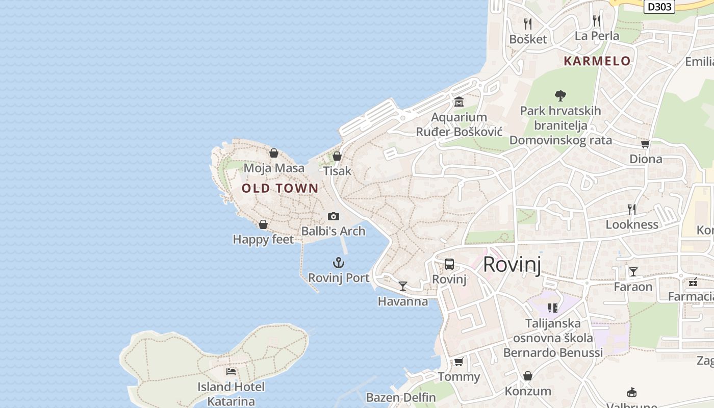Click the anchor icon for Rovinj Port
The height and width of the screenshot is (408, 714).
pyautogui.click(x=339, y=263)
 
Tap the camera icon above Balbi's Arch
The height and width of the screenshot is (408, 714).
pyautogui.click(x=334, y=216)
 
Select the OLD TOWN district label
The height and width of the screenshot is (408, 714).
pyautogui.click(x=280, y=188)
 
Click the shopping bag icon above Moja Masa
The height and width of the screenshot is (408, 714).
pyautogui.click(x=274, y=153)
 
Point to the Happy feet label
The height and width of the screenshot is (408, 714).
pyautogui.click(x=263, y=239)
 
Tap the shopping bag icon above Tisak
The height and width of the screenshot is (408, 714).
pyautogui.click(x=337, y=156)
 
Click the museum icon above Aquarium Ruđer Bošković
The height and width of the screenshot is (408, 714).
pyautogui.click(x=459, y=102)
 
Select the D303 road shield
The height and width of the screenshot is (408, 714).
pyautogui.click(x=659, y=7)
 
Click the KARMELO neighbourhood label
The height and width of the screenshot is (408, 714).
pyautogui.click(x=597, y=61)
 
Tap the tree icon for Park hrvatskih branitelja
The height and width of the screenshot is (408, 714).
pyautogui.click(x=560, y=95)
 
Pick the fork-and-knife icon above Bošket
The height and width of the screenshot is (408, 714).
pyautogui.click(x=528, y=23)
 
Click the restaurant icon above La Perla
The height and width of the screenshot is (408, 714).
pyautogui.click(x=597, y=20)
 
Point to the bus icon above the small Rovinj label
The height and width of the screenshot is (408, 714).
pyautogui.click(x=449, y=264)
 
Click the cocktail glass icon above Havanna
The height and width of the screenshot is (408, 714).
pyautogui.click(x=403, y=286)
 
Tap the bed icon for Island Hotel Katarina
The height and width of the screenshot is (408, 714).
pyautogui.click(x=231, y=372)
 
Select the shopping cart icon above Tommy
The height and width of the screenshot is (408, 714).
pyautogui.click(x=459, y=362)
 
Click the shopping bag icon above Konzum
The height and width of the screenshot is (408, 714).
pyautogui.click(x=528, y=376)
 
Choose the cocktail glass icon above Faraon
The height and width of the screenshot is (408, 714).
pyautogui.click(x=633, y=271)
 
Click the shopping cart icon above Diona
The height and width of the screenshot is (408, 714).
pyautogui.click(x=646, y=144)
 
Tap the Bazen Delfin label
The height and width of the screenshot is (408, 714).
pyautogui.click(x=401, y=397)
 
